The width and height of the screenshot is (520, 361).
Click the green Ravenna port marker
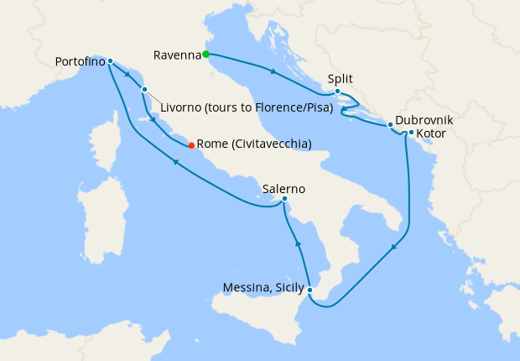205,55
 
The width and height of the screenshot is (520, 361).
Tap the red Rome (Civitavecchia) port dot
191,144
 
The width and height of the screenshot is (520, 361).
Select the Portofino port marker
111,61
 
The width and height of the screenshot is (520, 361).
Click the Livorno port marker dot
145,89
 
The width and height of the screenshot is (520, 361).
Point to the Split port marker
336,92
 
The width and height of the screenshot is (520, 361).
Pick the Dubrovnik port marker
390,125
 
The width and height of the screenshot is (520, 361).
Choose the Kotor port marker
411,133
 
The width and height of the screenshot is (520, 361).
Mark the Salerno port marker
285,199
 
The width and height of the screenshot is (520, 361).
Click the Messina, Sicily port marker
310,290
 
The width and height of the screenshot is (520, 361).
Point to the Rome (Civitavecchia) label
253,144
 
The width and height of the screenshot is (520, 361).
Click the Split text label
340,79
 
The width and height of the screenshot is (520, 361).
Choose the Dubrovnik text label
425,120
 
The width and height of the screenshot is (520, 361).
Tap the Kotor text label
432,133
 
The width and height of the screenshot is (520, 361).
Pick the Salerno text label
283,188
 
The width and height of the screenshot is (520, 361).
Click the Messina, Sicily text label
264,289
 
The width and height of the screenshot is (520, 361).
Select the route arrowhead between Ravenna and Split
274,71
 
